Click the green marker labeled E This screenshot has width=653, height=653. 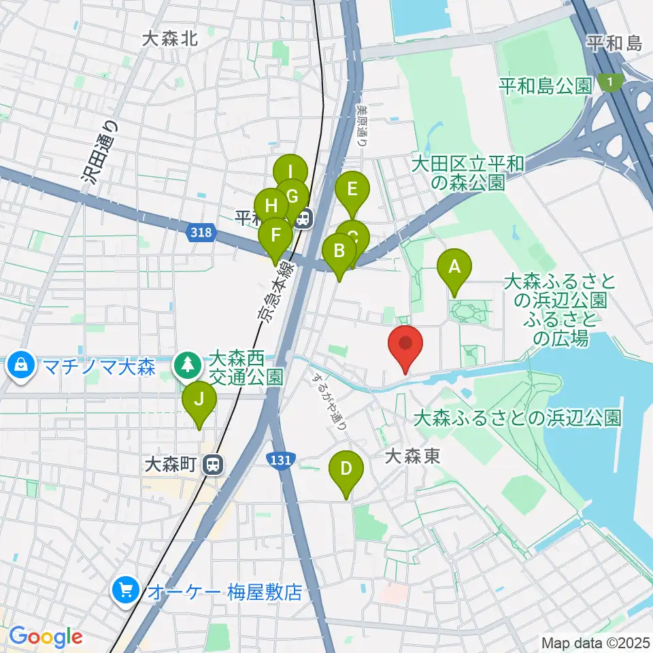[x=352, y=190]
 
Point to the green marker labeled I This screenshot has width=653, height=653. [x=290, y=173]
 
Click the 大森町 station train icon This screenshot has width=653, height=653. [x=214, y=465]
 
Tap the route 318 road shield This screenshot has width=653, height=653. [x=201, y=233]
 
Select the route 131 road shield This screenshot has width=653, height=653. [x=281, y=461]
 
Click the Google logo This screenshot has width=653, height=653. [x=46, y=637]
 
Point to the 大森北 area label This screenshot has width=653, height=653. [x=170, y=39]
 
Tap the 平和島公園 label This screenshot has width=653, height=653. [x=546, y=86]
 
